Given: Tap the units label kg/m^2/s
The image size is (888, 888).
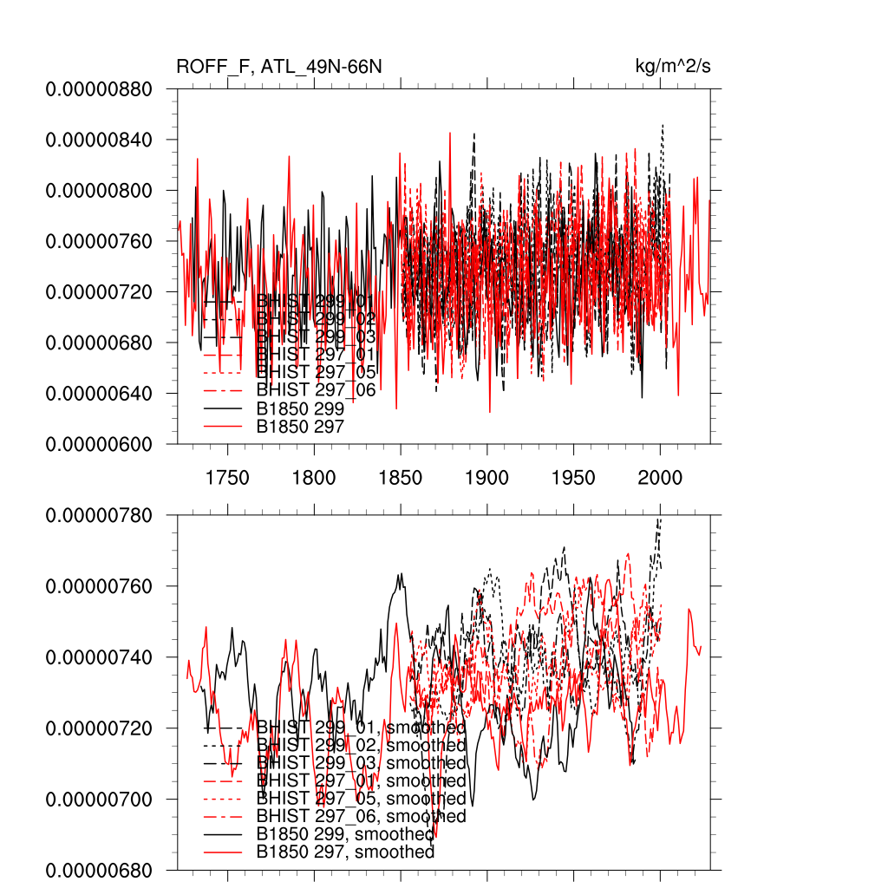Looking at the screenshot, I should tap(674, 68).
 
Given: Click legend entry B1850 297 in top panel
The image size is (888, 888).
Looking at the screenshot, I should tap(300, 427).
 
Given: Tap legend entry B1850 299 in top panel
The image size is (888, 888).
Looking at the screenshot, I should tap(300, 408).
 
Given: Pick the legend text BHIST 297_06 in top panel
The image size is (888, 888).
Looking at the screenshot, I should tap(317, 390).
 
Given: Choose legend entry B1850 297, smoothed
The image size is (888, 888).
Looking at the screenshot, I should tap(345, 852).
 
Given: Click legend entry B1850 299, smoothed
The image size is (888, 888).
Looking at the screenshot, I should tap(345, 834).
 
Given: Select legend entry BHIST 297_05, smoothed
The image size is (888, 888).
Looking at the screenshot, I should tap(362, 799).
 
